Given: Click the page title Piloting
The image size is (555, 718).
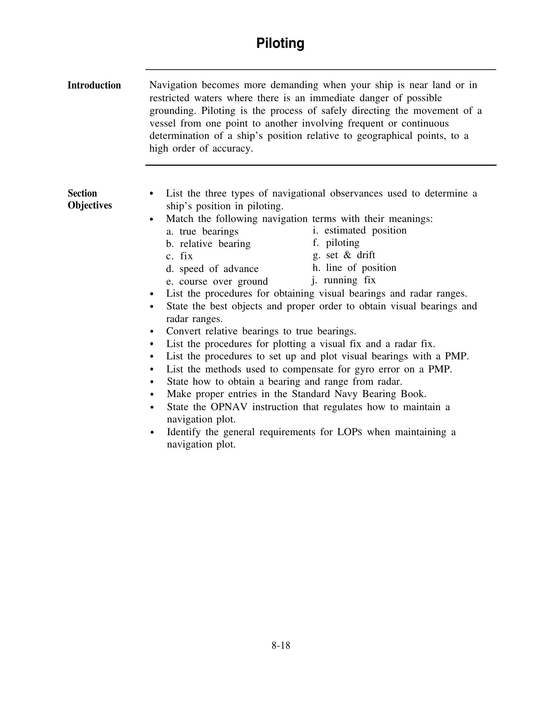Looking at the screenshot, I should [280, 43].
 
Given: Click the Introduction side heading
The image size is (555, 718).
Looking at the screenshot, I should [94, 85].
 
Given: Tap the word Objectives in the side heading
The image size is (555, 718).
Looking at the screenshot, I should [90, 205].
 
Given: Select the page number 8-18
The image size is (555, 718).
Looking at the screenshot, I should [280, 645].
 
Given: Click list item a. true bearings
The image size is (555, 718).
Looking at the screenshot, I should [202, 231].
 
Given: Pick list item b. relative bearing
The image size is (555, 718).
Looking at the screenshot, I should [208, 244].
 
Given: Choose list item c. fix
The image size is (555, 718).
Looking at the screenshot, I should [180, 256].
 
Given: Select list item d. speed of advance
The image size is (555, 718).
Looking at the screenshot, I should [212, 269].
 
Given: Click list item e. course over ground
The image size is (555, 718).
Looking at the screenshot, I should [217, 281].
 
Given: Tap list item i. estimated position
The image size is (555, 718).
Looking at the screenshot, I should [359, 230].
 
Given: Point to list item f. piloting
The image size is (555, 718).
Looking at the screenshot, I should [336, 243].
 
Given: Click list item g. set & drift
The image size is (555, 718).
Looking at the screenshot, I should [344, 255].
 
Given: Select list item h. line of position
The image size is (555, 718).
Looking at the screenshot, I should [354, 268].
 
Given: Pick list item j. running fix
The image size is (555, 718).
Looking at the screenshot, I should [344, 280].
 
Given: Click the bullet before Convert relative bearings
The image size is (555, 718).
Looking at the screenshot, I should [152, 331].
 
